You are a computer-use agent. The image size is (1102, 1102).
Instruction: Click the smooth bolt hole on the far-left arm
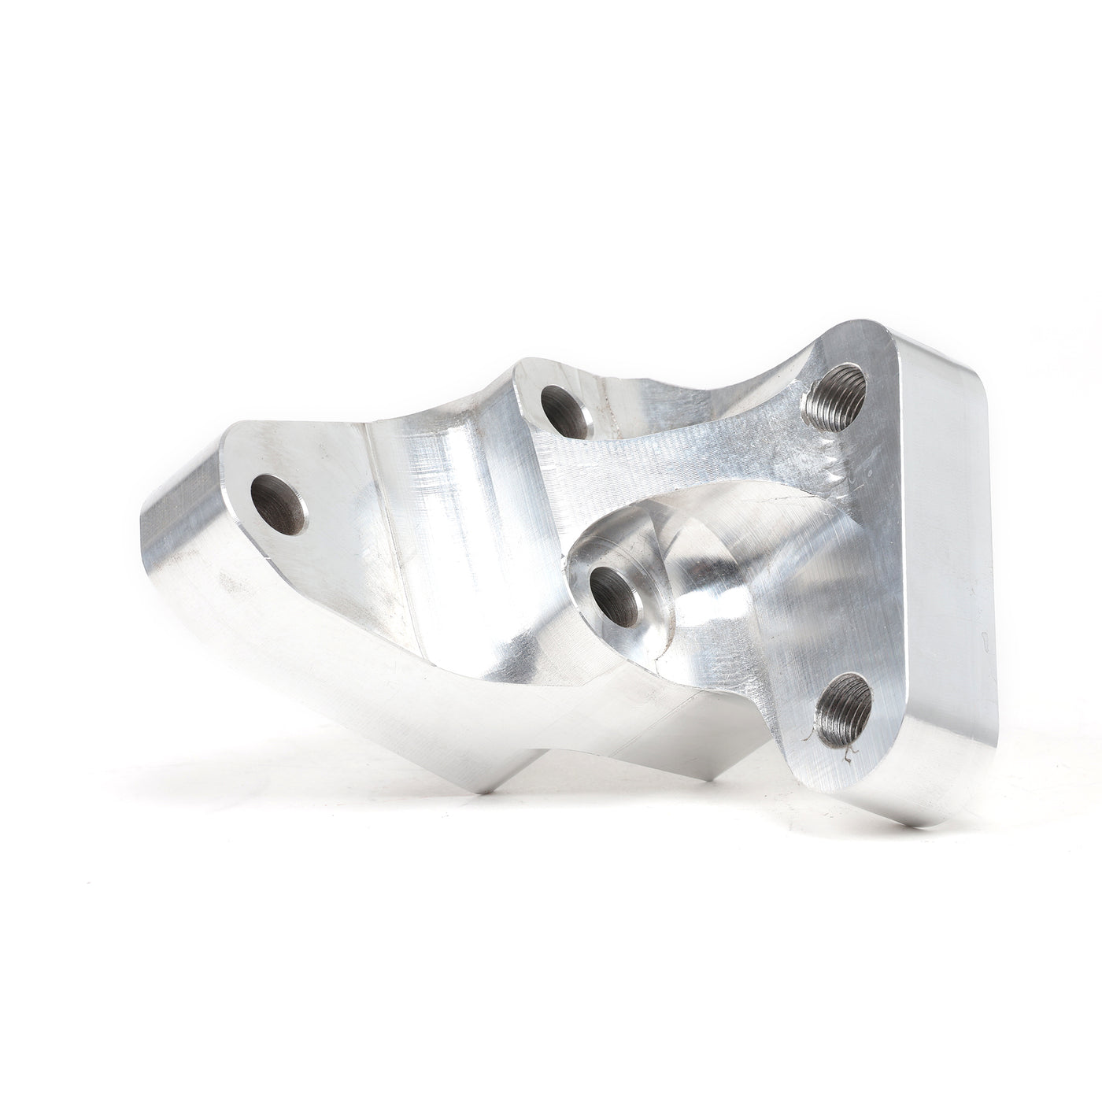pos(279,505)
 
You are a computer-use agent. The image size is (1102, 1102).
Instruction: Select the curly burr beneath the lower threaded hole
pos(849,756)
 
